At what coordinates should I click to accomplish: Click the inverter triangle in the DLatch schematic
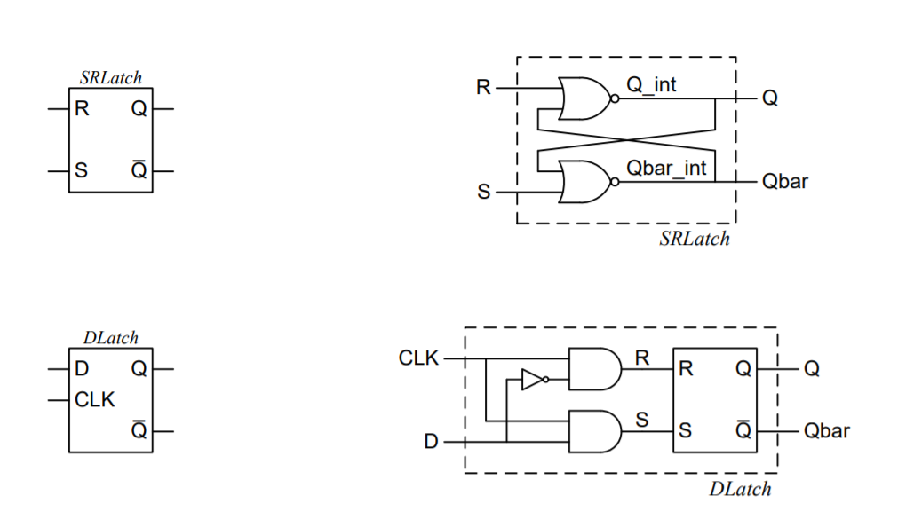531,381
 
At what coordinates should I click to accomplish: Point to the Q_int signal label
651,85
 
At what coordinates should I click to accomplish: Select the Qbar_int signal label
666,168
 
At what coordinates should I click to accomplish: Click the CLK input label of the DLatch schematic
419,358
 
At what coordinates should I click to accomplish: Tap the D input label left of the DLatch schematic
431,441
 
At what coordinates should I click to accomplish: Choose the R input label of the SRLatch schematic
483,88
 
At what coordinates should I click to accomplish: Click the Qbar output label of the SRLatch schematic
784,182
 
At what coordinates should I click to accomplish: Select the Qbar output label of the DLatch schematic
826,431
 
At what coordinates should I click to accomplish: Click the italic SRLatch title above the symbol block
110,78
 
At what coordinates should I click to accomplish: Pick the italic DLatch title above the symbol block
111,338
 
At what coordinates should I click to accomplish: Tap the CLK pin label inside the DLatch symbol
95,400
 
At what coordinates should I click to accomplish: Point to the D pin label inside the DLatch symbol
82,368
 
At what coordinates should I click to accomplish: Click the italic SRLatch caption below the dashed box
695,239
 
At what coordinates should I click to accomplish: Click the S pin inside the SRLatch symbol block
82,171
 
